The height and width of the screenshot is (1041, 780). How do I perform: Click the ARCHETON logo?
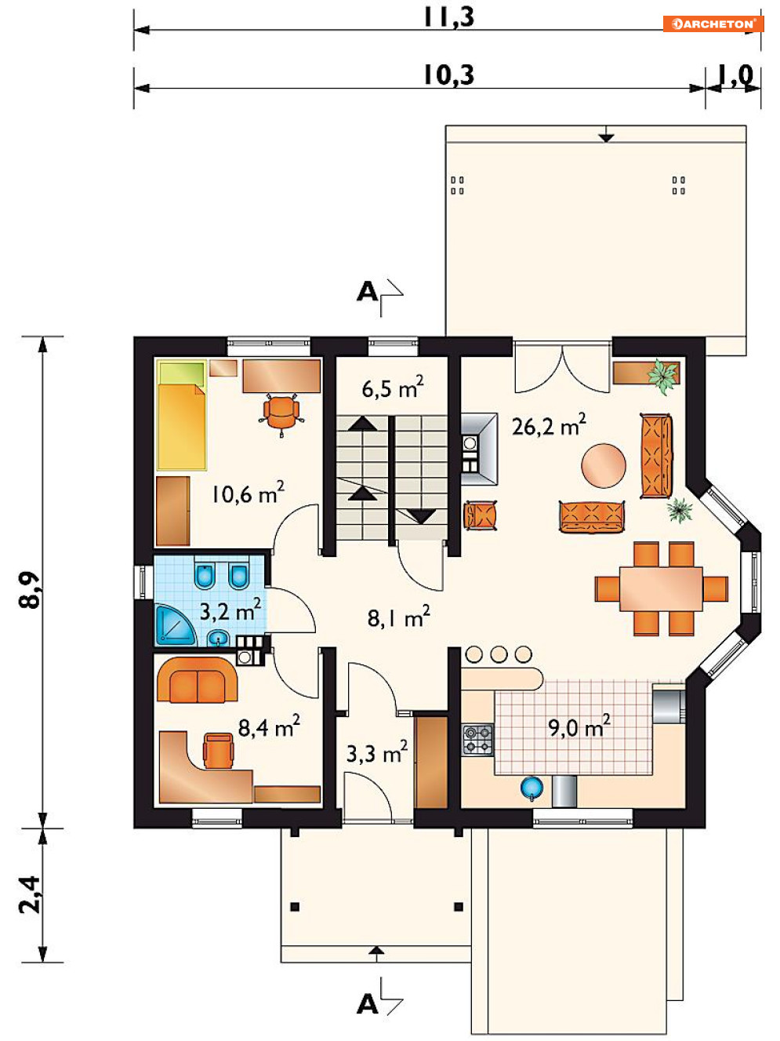[x=713, y=24]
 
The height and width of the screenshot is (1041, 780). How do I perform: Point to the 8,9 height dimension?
[x=30, y=590]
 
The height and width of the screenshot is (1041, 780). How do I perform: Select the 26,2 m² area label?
[x=549, y=424]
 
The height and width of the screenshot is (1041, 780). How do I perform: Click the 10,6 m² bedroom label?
[x=248, y=493]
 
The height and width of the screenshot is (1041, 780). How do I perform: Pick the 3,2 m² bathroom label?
[x=230, y=610]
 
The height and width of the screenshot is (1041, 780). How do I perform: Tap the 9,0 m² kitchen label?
[x=579, y=726]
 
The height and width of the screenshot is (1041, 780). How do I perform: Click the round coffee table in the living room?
[x=604, y=465]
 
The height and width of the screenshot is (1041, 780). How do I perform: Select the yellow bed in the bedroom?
[x=182, y=415]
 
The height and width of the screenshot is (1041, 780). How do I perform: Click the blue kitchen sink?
[x=531, y=788]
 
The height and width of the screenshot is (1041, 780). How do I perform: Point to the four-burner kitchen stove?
[x=477, y=741]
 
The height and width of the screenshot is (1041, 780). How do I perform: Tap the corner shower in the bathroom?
[x=174, y=626]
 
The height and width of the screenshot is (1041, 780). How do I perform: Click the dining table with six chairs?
[x=661, y=588]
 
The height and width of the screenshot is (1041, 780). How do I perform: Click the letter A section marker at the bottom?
[x=367, y=1004]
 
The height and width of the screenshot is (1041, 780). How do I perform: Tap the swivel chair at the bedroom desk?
[x=281, y=413]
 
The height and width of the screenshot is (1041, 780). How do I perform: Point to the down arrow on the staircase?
[x=421, y=516]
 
